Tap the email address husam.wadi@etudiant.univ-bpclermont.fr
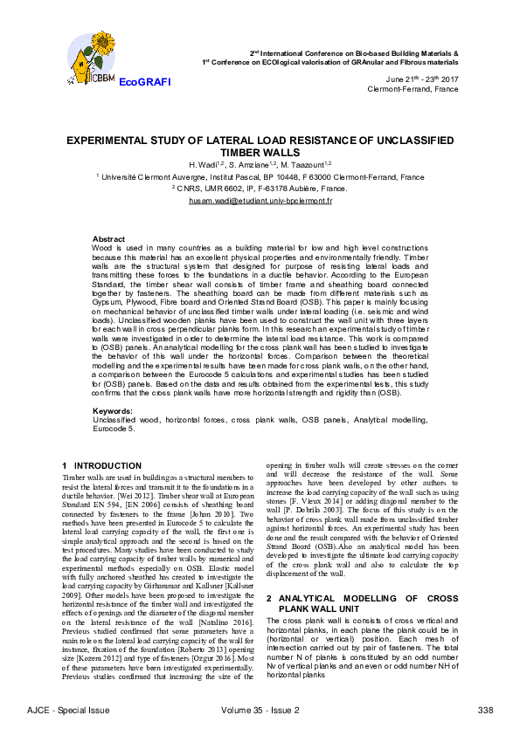click(260, 201)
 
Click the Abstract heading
click(108, 238)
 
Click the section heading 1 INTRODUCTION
click(102, 465)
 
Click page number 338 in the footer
click(486, 710)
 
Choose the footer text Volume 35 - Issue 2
click(260, 710)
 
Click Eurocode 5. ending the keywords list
click(114, 429)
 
